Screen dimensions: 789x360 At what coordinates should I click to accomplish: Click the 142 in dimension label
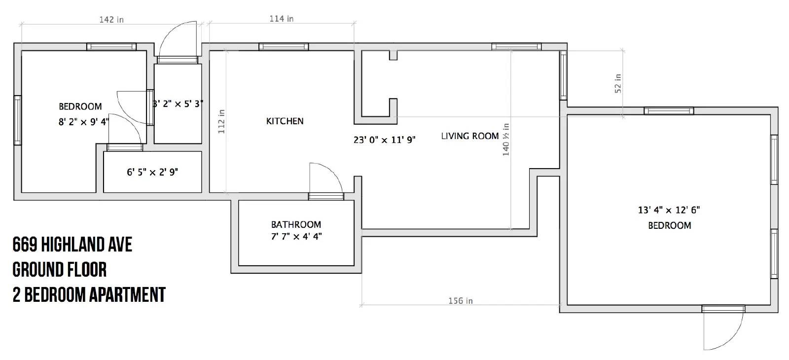[111, 20]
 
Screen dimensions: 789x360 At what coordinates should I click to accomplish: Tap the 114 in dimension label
[282, 19]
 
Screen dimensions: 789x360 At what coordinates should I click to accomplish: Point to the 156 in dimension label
[461, 301]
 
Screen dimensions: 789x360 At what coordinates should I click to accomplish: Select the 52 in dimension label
[618, 83]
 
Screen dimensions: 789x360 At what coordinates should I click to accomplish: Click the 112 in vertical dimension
[221, 121]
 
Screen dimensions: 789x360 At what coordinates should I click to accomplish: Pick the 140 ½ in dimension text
[506, 140]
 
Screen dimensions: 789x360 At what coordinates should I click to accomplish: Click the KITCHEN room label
[285, 121]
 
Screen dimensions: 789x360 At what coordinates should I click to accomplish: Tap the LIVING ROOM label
[470, 136]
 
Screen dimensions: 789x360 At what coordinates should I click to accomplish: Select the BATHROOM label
[296, 224]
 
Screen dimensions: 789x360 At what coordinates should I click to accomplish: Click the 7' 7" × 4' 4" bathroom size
[296, 236]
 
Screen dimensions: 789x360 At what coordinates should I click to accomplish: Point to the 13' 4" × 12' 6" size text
[669, 210]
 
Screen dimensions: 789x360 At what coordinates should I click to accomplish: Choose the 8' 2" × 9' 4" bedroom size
[84, 122]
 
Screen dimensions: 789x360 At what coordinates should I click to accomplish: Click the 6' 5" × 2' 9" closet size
[152, 172]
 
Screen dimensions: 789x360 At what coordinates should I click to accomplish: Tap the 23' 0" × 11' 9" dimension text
[384, 140]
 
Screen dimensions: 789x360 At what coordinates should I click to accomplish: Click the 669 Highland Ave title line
[72, 245]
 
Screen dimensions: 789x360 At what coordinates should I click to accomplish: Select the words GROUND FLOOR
[60, 270]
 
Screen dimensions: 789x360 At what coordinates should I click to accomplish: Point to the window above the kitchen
[284, 46]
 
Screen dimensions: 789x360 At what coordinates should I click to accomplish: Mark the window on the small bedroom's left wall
[17, 120]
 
